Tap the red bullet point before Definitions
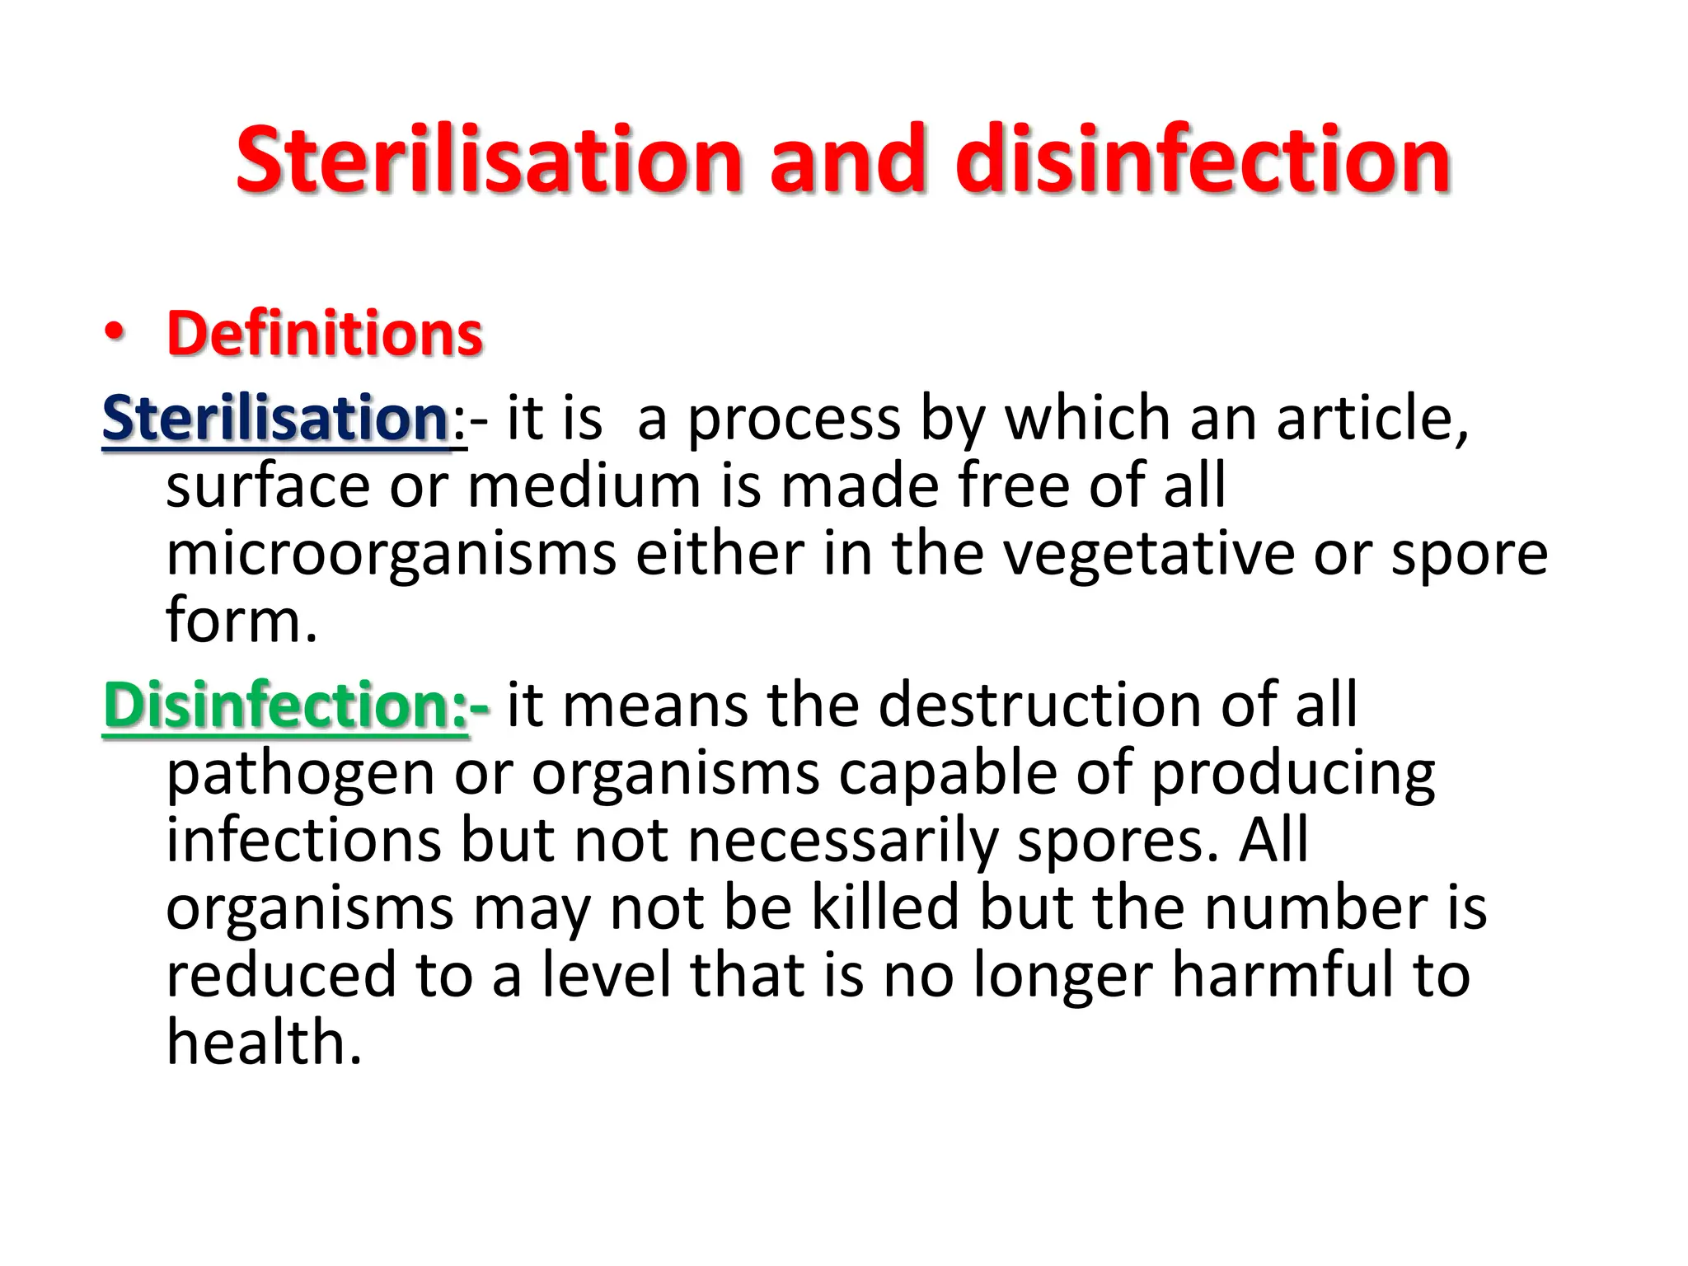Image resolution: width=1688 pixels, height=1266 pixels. pyautogui.click(x=115, y=332)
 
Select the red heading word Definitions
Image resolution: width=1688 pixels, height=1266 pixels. pyautogui.click(x=325, y=334)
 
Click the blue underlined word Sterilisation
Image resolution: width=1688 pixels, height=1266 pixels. pyautogui.click(x=275, y=419)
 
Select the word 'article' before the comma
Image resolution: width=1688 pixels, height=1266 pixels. pyautogui.click(x=1369, y=419)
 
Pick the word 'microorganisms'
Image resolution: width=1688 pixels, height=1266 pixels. pyautogui.click(x=392, y=555)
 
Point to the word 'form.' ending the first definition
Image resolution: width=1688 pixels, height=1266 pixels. pyautogui.click(x=241, y=621)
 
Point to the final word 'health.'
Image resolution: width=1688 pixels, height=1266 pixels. pyautogui.click(x=264, y=1043)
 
